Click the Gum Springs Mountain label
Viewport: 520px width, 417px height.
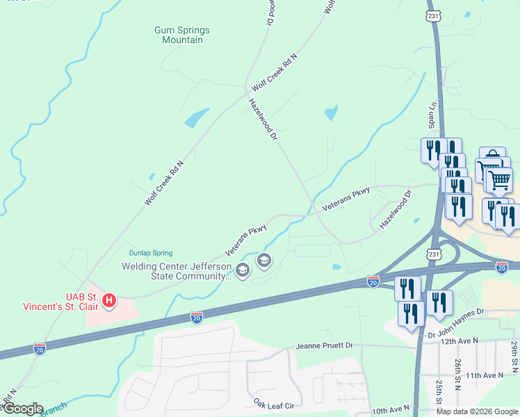(x=181, y=35)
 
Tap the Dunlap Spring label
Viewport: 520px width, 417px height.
(x=150, y=253)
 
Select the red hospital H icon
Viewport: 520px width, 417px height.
(x=109, y=301)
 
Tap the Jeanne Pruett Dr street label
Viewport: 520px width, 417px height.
(x=324, y=345)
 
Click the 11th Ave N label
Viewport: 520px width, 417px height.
(x=485, y=375)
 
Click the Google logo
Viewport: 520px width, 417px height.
(x=22, y=409)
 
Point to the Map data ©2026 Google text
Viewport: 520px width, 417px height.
(x=476, y=411)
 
